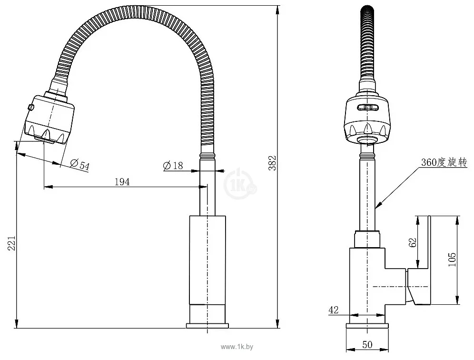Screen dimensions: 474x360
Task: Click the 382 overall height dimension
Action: [x=272, y=163]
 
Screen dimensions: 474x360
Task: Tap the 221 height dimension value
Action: [x=11, y=243]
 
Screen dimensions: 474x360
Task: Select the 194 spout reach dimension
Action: [x=122, y=181]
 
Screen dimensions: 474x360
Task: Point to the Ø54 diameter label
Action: [x=80, y=164]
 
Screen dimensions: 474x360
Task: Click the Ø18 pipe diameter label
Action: [x=173, y=166]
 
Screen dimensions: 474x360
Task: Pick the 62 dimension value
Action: [x=413, y=242]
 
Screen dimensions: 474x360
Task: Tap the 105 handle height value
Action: [x=452, y=260]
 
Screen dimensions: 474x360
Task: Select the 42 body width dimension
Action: [x=334, y=310]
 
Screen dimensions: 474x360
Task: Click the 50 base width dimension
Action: [x=367, y=345]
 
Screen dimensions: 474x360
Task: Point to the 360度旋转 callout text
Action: [x=444, y=162]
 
